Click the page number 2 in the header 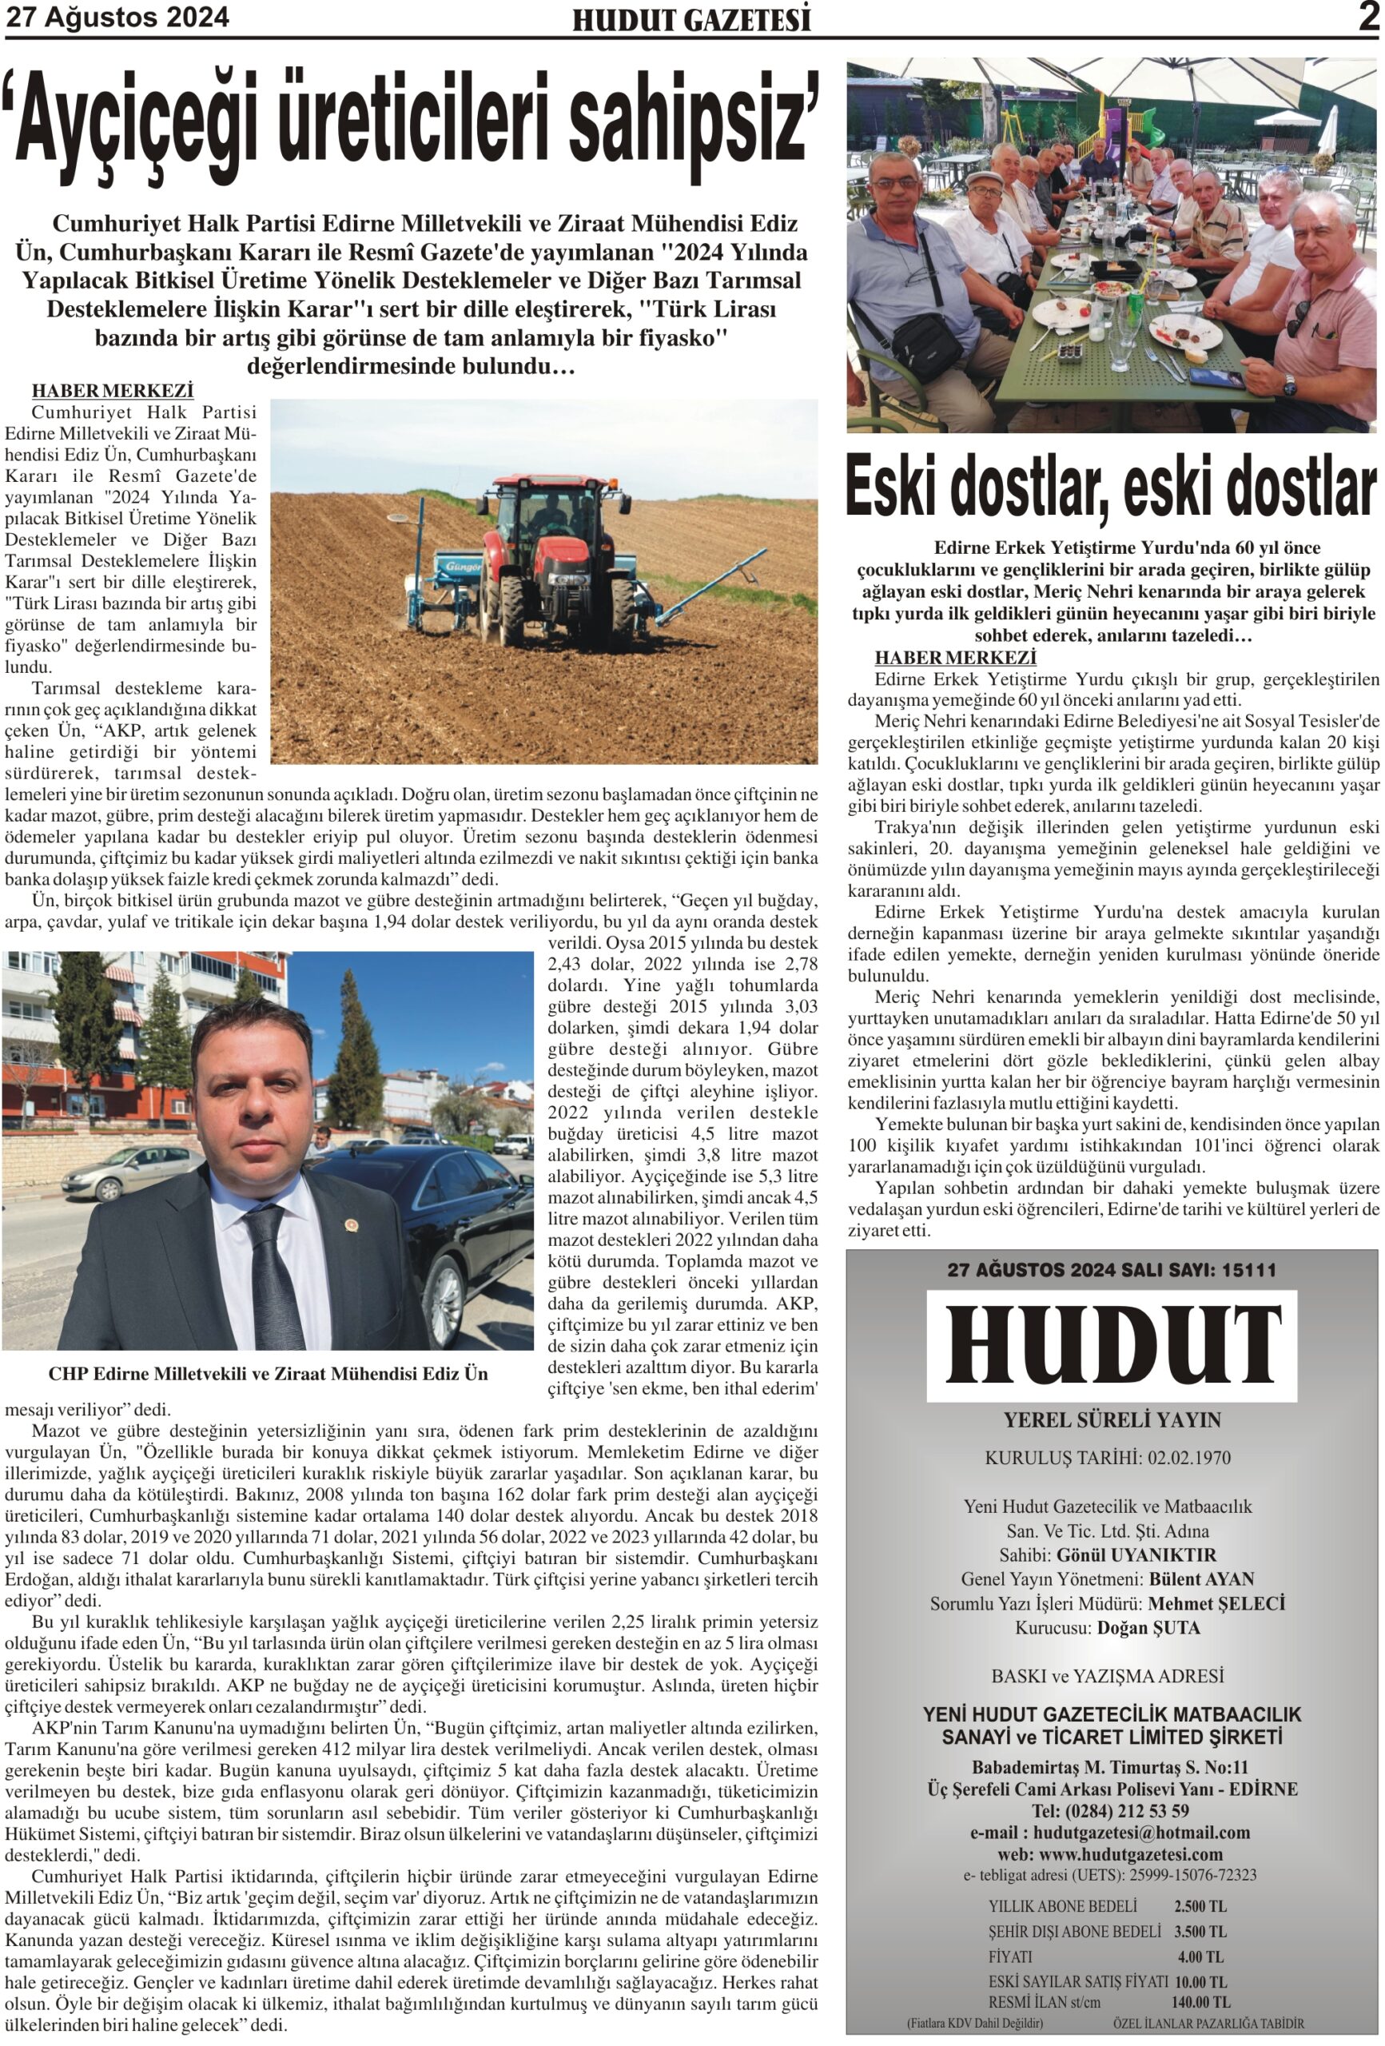pyautogui.click(x=1367, y=18)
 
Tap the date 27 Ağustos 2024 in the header pyautogui.click(x=117, y=18)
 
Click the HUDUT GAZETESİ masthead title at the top pyautogui.click(x=691, y=20)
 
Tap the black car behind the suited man pyautogui.click(x=440, y=1232)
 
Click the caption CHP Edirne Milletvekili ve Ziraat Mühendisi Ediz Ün pyautogui.click(x=268, y=1373)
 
